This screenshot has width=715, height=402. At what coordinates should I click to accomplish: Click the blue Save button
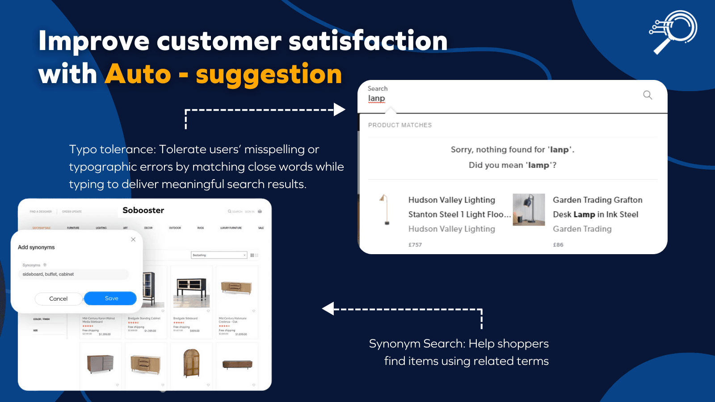point(110,298)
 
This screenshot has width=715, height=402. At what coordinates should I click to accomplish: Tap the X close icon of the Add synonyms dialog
point(133,239)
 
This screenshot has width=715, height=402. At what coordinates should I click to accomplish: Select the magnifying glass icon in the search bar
point(648,95)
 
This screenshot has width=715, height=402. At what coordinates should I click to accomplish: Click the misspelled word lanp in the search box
point(376,98)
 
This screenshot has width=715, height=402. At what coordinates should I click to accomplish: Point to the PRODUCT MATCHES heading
point(400,125)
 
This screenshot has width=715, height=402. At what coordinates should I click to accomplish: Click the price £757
point(415,245)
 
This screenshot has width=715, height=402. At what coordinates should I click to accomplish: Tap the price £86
point(558,245)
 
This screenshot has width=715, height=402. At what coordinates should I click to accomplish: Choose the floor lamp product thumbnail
point(385,209)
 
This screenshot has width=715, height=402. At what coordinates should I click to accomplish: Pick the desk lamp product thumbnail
point(529,209)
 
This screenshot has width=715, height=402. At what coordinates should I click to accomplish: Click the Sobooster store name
point(143,210)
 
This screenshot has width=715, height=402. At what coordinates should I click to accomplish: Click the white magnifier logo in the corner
point(673,32)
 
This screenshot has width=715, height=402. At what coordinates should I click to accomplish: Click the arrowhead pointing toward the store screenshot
point(328,309)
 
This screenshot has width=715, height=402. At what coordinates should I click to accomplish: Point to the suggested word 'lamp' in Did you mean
point(538,165)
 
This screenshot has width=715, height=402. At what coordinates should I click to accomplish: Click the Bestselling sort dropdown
point(219,255)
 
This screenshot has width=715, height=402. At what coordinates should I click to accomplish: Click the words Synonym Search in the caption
point(416,343)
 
